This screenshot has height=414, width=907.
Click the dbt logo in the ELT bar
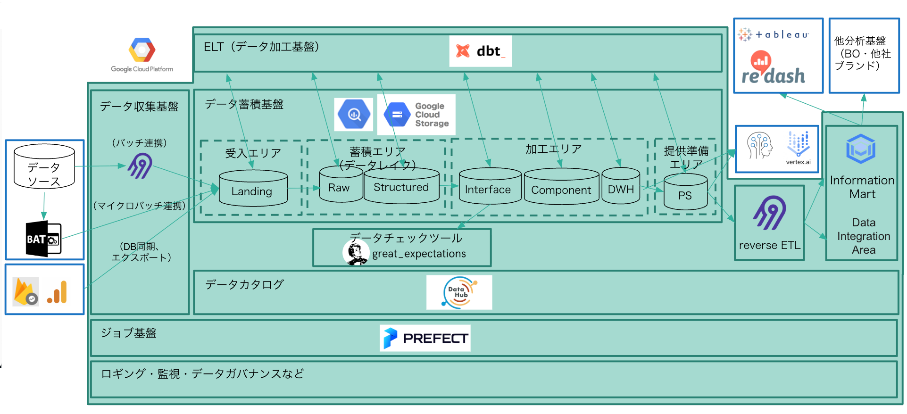tap(480, 51)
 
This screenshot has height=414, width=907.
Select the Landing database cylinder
tap(253, 189)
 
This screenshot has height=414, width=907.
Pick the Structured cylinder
tap(401, 186)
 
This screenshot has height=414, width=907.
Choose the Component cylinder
tap(561, 188)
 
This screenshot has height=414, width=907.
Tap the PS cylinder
tap(685, 192)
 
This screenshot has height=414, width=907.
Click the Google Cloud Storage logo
tap(416, 115)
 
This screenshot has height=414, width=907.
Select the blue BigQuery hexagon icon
tap(354, 114)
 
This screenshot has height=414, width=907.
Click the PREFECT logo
tap(425, 338)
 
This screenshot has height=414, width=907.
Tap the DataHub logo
tap(459, 292)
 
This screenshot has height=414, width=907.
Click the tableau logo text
tap(782, 34)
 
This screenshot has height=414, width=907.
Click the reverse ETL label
tap(769, 245)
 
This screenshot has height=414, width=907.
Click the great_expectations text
tap(419, 254)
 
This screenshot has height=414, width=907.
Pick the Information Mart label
tap(862, 187)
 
